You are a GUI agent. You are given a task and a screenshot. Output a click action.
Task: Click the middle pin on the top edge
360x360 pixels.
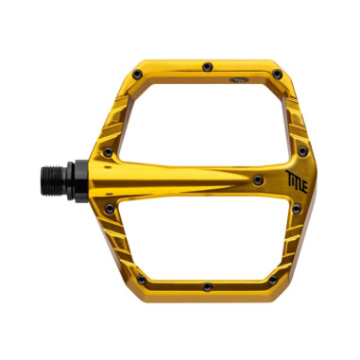[x=206, y=66]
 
